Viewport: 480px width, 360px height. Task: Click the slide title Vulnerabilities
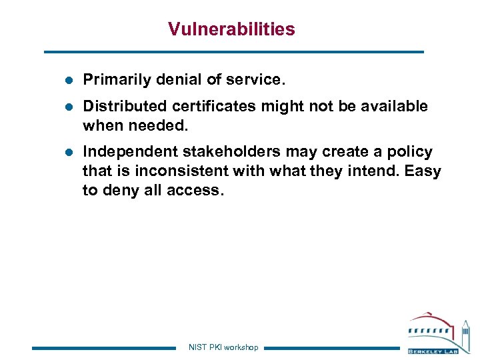tap(231, 29)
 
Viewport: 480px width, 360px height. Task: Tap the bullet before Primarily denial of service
tap(68, 80)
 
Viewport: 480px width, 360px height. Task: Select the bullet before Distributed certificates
tap(68, 107)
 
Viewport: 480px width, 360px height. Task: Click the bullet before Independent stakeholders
tap(68, 152)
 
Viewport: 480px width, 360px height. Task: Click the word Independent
tap(124, 152)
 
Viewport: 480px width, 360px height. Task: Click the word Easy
tap(423, 171)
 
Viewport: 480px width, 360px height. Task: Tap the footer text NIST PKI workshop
tap(223, 347)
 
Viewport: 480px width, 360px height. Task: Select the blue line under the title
tap(233, 51)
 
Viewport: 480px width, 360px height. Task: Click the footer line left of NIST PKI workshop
tap(103, 347)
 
